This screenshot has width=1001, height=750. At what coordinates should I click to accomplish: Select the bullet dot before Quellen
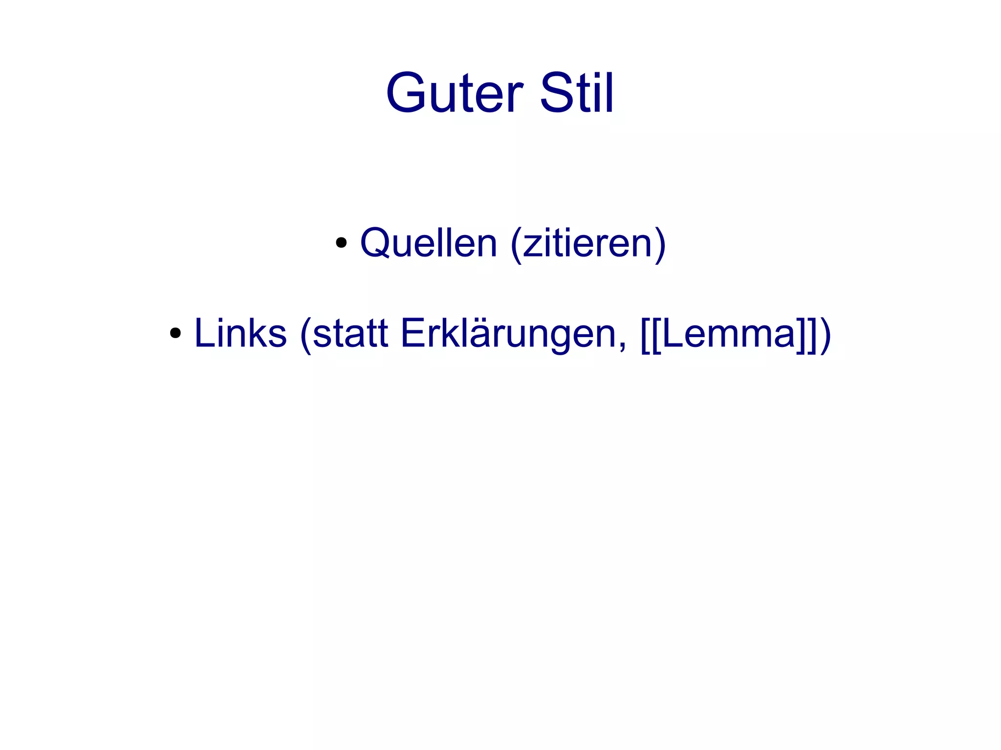341,243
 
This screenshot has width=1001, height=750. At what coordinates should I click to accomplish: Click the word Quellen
429,243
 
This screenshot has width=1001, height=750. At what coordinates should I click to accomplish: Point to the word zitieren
588,243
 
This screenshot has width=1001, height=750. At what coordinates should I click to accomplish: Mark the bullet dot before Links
175,334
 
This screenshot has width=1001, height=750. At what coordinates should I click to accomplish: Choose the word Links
240,334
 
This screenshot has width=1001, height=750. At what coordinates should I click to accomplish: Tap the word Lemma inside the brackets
728,334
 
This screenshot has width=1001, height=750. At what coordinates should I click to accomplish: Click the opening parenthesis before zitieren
515,244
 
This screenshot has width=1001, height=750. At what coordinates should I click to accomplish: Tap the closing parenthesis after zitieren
660,244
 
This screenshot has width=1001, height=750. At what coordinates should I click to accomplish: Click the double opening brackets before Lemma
651,335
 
